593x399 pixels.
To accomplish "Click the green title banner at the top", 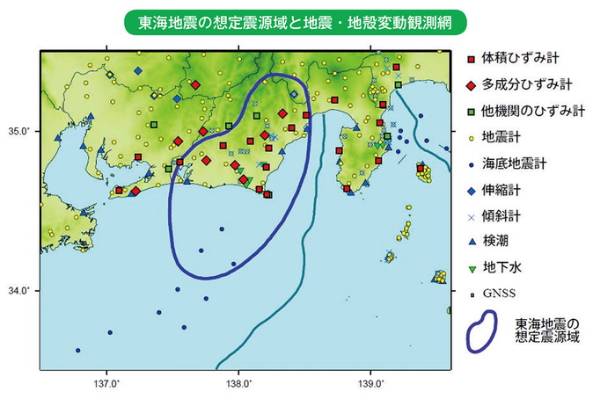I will pos(296,20).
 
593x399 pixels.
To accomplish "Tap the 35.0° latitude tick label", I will pos(19,131).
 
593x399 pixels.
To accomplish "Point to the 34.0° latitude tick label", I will pos(19,291).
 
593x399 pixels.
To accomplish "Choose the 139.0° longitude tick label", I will pos(370,384).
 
